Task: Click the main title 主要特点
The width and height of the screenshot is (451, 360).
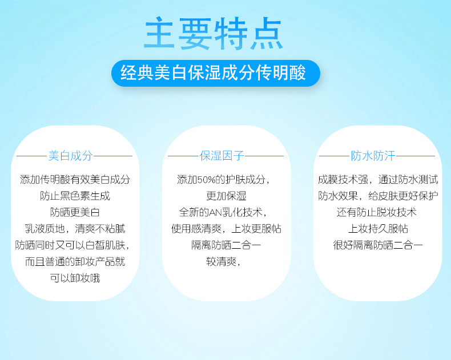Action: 214,33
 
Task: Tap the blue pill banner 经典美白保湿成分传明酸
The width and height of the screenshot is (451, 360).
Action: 215,73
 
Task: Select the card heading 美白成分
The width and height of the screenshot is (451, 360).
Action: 70,156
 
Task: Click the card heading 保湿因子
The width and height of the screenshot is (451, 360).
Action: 222,156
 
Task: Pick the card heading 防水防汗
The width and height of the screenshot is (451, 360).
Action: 373,156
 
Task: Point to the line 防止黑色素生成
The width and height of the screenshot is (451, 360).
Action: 75,196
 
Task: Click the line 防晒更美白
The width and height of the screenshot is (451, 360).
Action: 75,212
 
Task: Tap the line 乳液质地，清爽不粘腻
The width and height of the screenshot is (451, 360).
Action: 75,229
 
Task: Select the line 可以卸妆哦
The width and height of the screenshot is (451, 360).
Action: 75,278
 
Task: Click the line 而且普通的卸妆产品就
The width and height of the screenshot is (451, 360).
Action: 75,262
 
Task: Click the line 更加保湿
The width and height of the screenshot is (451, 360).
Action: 227,196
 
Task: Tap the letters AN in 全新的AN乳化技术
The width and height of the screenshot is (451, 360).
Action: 216,212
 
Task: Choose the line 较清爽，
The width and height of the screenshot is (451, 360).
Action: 223,262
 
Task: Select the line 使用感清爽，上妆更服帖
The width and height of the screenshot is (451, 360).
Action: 227,229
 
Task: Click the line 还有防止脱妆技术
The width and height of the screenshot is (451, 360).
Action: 377,212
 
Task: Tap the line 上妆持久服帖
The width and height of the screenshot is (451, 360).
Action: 378,229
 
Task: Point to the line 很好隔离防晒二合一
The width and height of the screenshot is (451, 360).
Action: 378,245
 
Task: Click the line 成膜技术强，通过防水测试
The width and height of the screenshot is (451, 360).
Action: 378,180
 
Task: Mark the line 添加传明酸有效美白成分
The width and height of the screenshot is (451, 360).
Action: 75,180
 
